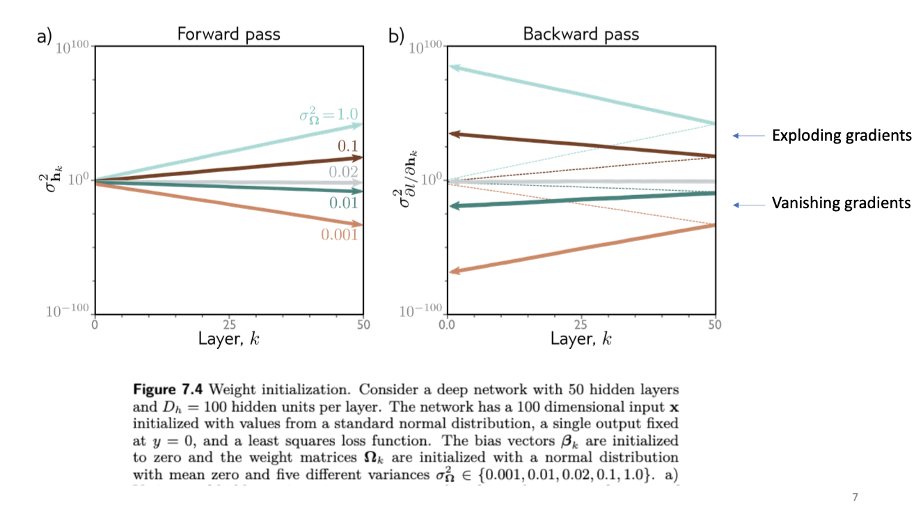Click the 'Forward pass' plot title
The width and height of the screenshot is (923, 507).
[x=228, y=34]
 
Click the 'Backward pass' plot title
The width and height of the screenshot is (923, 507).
[x=581, y=34]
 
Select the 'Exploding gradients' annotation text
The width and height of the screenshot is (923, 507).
[x=842, y=136]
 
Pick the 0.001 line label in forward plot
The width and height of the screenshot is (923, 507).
[x=339, y=235]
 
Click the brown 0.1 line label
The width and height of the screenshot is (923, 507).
[x=347, y=146]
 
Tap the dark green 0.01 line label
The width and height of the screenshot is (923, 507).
[x=344, y=203]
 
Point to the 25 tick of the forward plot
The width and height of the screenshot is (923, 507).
[x=229, y=325]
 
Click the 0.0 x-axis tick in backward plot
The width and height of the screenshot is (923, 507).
[x=448, y=325]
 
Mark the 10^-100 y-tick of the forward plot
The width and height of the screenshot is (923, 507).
[x=70, y=311]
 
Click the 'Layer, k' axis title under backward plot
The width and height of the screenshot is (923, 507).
[x=581, y=339]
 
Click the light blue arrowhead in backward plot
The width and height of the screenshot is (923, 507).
[x=454, y=68]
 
